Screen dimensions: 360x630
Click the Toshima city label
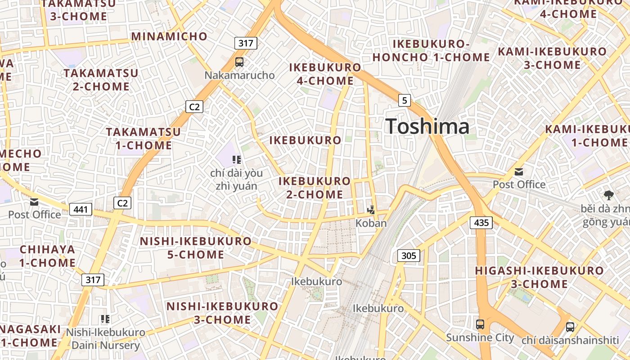(x=427, y=126)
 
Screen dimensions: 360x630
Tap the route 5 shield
(x=405, y=100)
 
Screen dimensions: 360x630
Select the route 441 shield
(x=81, y=209)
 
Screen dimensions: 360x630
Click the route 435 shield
(x=481, y=222)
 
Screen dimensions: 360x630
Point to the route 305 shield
(x=409, y=256)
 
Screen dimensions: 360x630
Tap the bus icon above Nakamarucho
(x=239, y=62)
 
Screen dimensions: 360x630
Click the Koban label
(x=371, y=223)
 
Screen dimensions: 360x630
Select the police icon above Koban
(x=371, y=210)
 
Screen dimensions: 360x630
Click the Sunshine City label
(x=480, y=337)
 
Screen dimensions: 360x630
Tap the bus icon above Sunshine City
(x=480, y=324)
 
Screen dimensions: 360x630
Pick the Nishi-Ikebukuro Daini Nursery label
(x=106, y=339)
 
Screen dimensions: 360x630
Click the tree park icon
(x=609, y=195)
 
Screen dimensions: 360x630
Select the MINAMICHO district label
(x=169, y=36)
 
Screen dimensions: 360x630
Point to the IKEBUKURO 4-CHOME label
(x=325, y=74)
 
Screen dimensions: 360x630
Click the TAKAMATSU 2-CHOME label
(x=101, y=80)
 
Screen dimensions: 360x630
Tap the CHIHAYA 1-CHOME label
(x=47, y=256)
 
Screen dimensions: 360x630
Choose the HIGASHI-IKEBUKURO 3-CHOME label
(x=539, y=277)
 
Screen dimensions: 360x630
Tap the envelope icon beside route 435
(x=519, y=171)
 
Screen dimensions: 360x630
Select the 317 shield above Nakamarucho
(x=246, y=43)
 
